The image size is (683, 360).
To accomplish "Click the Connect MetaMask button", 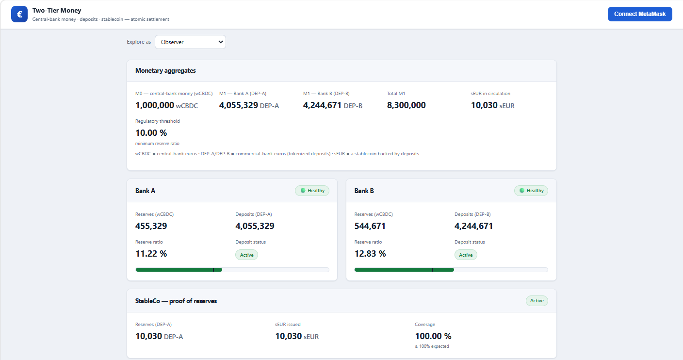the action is [640, 14].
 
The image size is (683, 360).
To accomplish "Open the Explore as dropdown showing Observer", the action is [190, 42].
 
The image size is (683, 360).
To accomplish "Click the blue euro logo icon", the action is [19, 14].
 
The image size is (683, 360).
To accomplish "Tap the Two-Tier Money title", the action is [57, 10].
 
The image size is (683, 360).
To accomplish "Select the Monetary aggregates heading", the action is [165, 70].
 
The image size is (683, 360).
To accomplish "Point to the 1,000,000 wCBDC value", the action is [166, 105].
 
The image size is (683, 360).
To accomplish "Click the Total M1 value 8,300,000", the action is [406, 105].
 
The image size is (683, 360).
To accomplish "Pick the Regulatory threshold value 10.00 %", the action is [151, 133].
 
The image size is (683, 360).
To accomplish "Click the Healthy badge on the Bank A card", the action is [312, 191].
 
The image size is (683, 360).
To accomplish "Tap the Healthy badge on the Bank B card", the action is [531, 191].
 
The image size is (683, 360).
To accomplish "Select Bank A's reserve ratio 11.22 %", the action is [151, 254].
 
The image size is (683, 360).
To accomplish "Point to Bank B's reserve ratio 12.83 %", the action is [370, 254].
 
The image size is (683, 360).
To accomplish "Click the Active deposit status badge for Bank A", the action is [247, 255].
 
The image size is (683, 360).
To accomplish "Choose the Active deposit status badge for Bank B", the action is [466, 255].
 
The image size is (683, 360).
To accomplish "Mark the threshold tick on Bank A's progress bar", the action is [213, 270].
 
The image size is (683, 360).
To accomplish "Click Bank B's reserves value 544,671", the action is [370, 226].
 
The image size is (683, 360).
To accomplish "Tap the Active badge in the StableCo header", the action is [537, 301].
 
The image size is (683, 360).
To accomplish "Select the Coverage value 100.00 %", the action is [433, 336].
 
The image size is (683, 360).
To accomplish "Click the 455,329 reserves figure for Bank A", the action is [151, 226].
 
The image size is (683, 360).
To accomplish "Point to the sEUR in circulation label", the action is [490, 93].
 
